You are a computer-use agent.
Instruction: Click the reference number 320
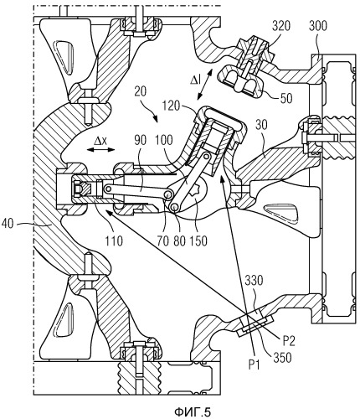[281, 26]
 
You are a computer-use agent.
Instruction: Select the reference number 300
[318, 26]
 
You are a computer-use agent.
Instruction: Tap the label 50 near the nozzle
[286, 98]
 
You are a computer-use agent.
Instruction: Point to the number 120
[171, 106]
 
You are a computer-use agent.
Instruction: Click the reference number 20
[140, 91]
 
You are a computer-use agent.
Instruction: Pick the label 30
[263, 126]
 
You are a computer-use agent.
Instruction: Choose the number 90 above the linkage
[140, 140]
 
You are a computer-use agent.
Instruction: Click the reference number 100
[164, 140]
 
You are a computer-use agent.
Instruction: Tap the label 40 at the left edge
[8, 224]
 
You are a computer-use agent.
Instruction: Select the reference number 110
[114, 241]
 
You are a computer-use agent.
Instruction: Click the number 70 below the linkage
[163, 241]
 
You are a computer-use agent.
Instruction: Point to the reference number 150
[198, 241]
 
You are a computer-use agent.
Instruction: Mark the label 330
[254, 280]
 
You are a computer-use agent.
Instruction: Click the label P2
[289, 340]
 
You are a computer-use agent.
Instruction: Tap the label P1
[255, 365]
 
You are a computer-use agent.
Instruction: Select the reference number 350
[283, 357]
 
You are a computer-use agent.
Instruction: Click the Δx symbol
[100, 142]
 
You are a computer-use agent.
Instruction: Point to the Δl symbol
[195, 80]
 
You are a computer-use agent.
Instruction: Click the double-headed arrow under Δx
[100, 150]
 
